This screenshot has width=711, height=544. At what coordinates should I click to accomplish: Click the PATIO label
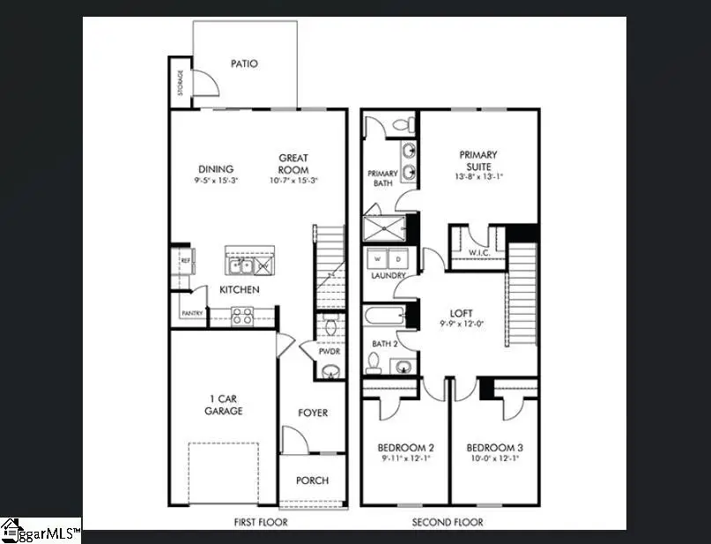(x=244, y=63)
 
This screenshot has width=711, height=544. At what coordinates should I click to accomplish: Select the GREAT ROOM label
(x=293, y=164)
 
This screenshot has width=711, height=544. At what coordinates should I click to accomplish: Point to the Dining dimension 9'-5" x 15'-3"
(x=216, y=180)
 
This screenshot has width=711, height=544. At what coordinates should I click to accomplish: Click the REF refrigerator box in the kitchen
(x=186, y=261)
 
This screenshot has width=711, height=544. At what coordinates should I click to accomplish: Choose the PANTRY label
(x=192, y=313)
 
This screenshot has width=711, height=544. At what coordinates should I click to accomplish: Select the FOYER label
(x=312, y=413)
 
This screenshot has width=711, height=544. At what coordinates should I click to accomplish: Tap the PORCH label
(x=312, y=481)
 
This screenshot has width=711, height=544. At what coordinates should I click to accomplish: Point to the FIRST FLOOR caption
(x=260, y=523)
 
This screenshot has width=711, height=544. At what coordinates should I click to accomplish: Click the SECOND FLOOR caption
(x=448, y=523)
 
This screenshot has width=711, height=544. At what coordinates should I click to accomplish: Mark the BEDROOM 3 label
(x=493, y=447)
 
